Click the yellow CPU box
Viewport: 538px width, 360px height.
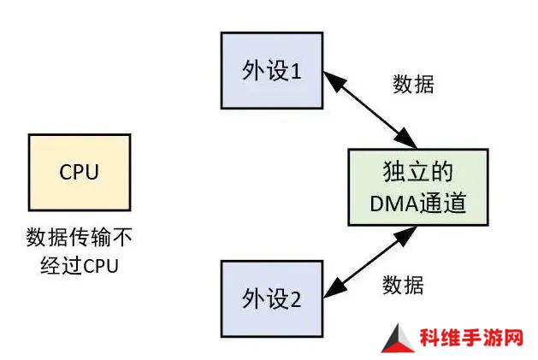(80, 172)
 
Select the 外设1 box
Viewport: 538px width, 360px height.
(272, 71)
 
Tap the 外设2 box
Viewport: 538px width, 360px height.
(272, 298)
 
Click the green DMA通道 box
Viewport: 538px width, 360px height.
(418, 187)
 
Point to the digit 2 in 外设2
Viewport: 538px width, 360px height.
(295, 299)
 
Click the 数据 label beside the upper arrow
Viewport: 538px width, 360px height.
(413, 84)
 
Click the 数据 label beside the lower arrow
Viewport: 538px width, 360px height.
(403, 285)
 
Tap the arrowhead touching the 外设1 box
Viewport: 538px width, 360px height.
(333, 80)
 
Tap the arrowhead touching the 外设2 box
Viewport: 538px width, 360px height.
(333, 290)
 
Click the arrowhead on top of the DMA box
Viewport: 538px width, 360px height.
(406, 139)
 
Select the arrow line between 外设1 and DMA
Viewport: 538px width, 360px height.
(370, 109)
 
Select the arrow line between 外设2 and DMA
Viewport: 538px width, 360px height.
(370, 262)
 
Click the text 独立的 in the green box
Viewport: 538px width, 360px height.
(418, 171)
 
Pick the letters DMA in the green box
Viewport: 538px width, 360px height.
(394, 204)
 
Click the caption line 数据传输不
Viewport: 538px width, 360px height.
(80, 237)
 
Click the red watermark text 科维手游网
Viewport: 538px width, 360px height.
(471, 338)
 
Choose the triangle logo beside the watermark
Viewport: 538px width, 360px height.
(398, 339)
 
